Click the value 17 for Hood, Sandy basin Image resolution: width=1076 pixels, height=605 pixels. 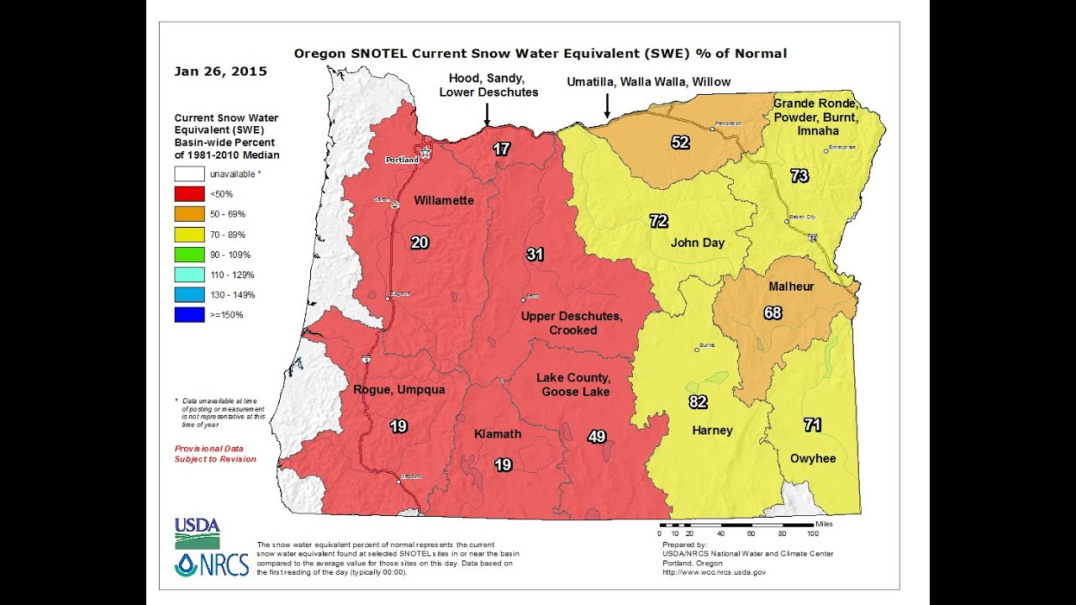(x=501, y=150)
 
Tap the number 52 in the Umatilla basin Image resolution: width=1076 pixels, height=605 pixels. (x=680, y=142)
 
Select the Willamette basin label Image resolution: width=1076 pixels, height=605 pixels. (x=444, y=201)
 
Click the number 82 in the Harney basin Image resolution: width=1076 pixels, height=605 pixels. (x=698, y=402)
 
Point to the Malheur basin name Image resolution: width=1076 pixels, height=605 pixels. (x=791, y=287)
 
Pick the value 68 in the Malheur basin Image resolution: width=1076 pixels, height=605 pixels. (x=773, y=313)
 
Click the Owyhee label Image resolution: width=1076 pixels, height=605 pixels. (x=813, y=458)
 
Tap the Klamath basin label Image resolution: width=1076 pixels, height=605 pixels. (x=498, y=434)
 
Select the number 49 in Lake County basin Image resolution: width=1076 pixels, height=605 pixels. (x=596, y=436)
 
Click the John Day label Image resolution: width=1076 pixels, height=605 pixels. (x=697, y=243)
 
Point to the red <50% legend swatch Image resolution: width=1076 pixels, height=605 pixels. (x=189, y=194)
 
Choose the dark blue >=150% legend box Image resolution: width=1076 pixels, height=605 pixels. (x=189, y=315)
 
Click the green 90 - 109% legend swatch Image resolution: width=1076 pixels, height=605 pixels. (x=189, y=255)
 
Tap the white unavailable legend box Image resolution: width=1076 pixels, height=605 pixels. (x=189, y=174)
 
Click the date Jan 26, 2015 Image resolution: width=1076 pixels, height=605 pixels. (x=220, y=71)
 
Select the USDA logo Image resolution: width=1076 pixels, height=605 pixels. (x=197, y=533)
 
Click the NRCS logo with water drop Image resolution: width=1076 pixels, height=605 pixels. (x=212, y=564)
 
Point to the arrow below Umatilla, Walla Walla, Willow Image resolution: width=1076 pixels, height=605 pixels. (x=607, y=106)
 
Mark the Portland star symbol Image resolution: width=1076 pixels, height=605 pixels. (x=425, y=153)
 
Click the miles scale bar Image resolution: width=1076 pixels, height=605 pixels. (x=736, y=524)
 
